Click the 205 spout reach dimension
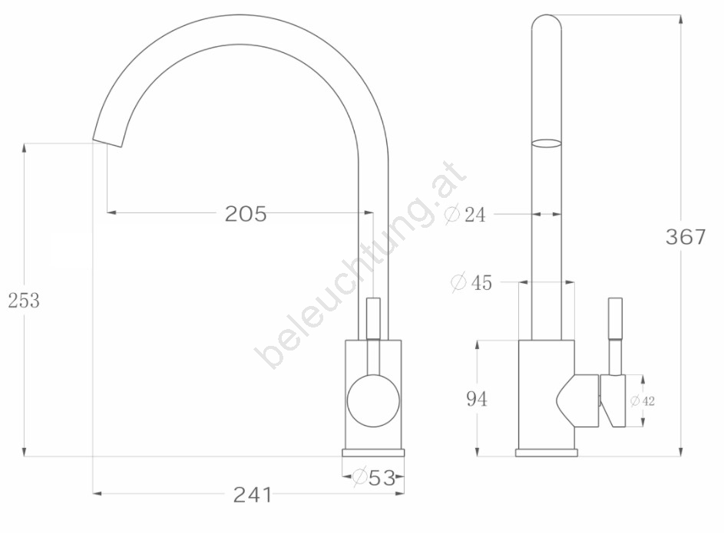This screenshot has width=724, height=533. (x=246, y=213)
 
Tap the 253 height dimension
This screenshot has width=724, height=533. (x=24, y=301)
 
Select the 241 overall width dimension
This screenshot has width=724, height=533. (x=253, y=495)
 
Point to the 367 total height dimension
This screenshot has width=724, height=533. (x=686, y=237)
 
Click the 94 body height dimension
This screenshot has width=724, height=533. (x=477, y=399)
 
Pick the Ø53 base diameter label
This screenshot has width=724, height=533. (x=375, y=477)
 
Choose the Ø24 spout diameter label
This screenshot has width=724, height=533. (x=465, y=215)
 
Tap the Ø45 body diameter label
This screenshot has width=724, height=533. (x=471, y=282)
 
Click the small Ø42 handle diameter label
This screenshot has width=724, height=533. (x=643, y=401)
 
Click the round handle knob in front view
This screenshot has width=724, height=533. (x=374, y=401)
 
